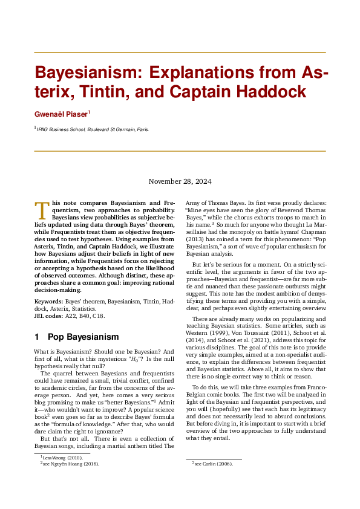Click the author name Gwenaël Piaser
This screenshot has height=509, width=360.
(60, 114)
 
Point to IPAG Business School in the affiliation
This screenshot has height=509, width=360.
(60, 129)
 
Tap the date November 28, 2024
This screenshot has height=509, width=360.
(180, 181)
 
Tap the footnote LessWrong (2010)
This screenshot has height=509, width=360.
(63, 458)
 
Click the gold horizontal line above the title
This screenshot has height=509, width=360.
(180, 53)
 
